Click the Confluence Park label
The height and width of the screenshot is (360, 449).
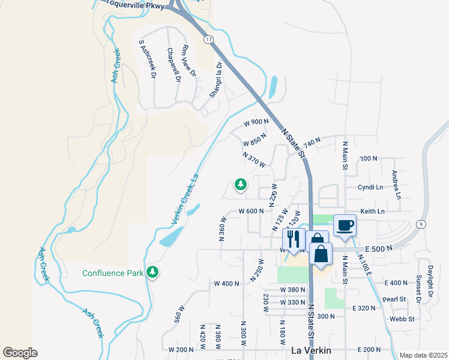[x=113, y=273]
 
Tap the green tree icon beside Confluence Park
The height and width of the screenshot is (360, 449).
[x=153, y=272]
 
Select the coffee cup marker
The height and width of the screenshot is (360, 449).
[x=345, y=225]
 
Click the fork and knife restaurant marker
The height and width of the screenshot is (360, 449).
[x=294, y=239]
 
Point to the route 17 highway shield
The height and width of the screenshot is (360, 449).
[x=208, y=39]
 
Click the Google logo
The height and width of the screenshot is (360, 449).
[x=20, y=352]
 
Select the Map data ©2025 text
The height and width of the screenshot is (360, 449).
[x=423, y=355]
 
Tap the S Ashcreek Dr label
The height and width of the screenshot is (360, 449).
[x=147, y=59]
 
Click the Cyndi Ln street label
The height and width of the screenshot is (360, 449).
[x=370, y=187]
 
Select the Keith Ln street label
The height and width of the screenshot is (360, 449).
[x=372, y=211]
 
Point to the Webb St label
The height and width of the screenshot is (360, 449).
[x=402, y=319]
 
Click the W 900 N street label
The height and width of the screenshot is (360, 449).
[x=256, y=122]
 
